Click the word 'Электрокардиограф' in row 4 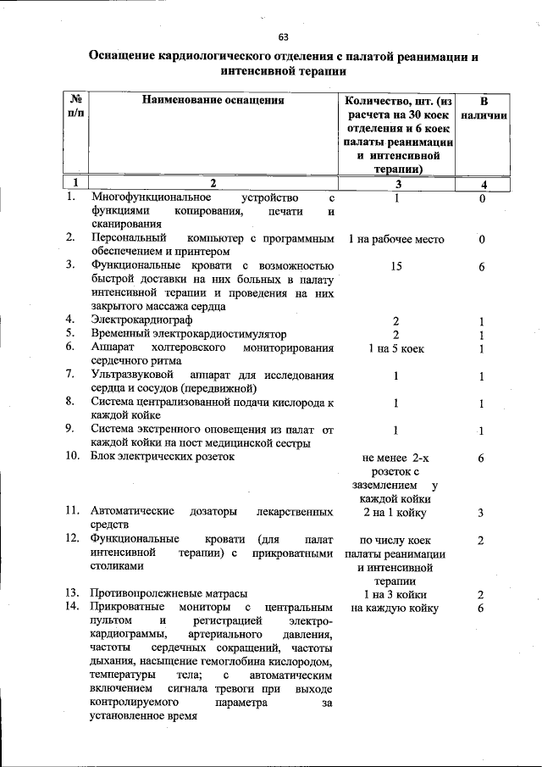pyautogui.click(x=141, y=320)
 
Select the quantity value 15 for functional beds pyautogui.click(x=396, y=267)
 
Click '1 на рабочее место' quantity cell pyautogui.click(x=396, y=240)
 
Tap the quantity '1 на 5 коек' pyautogui.click(x=396, y=349)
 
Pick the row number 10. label pyautogui.click(x=75, y=457)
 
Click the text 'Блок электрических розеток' pyautogui.click(x=162, y=457)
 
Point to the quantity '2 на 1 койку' pyautogui.click(x=395, y=512)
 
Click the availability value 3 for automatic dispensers pyautogui.click(x=480, y=513)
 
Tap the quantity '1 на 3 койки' pyautogui.click(x=395, y=594)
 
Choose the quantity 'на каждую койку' pyautogui.click(x=395, y=608)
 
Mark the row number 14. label pyautogui.click(x=75, y=608)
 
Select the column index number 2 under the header pyautogui.click(x=213, y=183)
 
